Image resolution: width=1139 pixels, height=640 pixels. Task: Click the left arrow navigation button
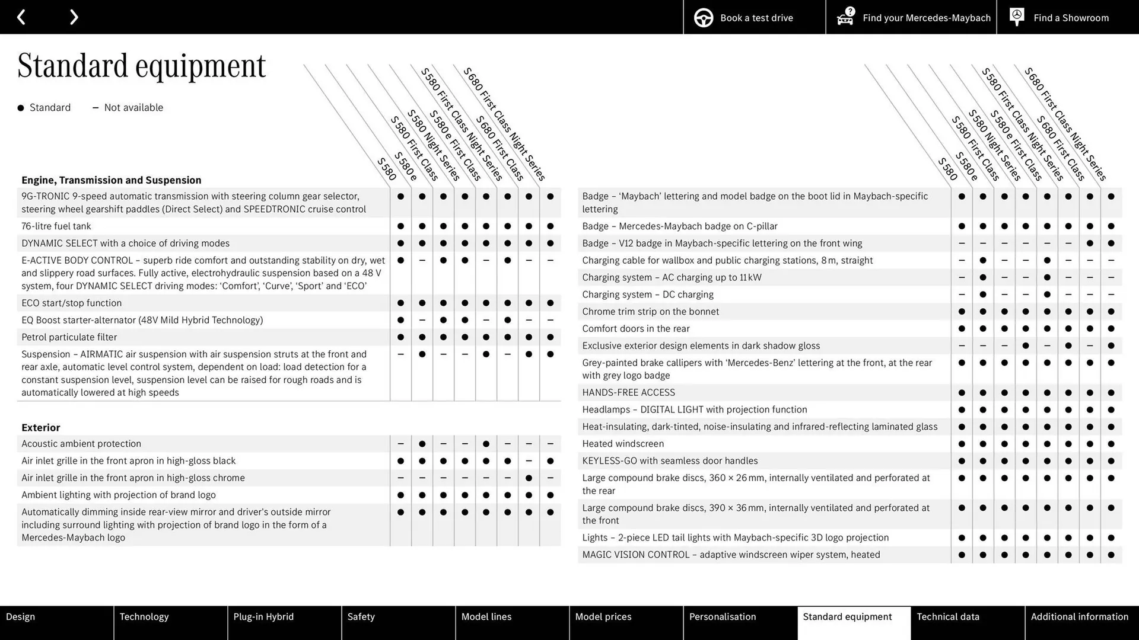(x=21, y=17)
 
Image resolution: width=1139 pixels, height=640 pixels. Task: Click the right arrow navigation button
(x=74, y=17)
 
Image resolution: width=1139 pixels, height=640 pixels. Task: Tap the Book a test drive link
(x=756, y=18)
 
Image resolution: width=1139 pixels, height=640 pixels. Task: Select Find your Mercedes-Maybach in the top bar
(x=926, y=18)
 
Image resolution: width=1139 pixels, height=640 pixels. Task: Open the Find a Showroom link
(x=1070, y=18)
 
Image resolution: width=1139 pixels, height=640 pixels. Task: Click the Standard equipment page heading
(x=141, y=65)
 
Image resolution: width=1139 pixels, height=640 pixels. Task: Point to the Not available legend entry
(x=133, y=107)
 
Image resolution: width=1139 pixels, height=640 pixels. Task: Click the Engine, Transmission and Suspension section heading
(x=111, y=180)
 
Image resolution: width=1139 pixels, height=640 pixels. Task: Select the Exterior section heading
(x=40, y=427)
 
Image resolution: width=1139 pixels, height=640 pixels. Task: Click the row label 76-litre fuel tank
(x=56, y=226)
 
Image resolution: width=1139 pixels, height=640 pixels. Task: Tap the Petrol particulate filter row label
(x=69, y=337)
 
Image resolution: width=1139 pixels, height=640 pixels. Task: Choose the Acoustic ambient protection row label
(x=81, y=444)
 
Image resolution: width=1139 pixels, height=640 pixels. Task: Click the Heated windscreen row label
(x=623, y=444)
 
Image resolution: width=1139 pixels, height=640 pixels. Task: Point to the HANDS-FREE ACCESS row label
(x=628, y=392)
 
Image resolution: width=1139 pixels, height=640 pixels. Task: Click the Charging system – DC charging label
(x=648, y=295)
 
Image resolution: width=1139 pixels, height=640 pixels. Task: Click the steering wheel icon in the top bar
(x=704, y=18)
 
